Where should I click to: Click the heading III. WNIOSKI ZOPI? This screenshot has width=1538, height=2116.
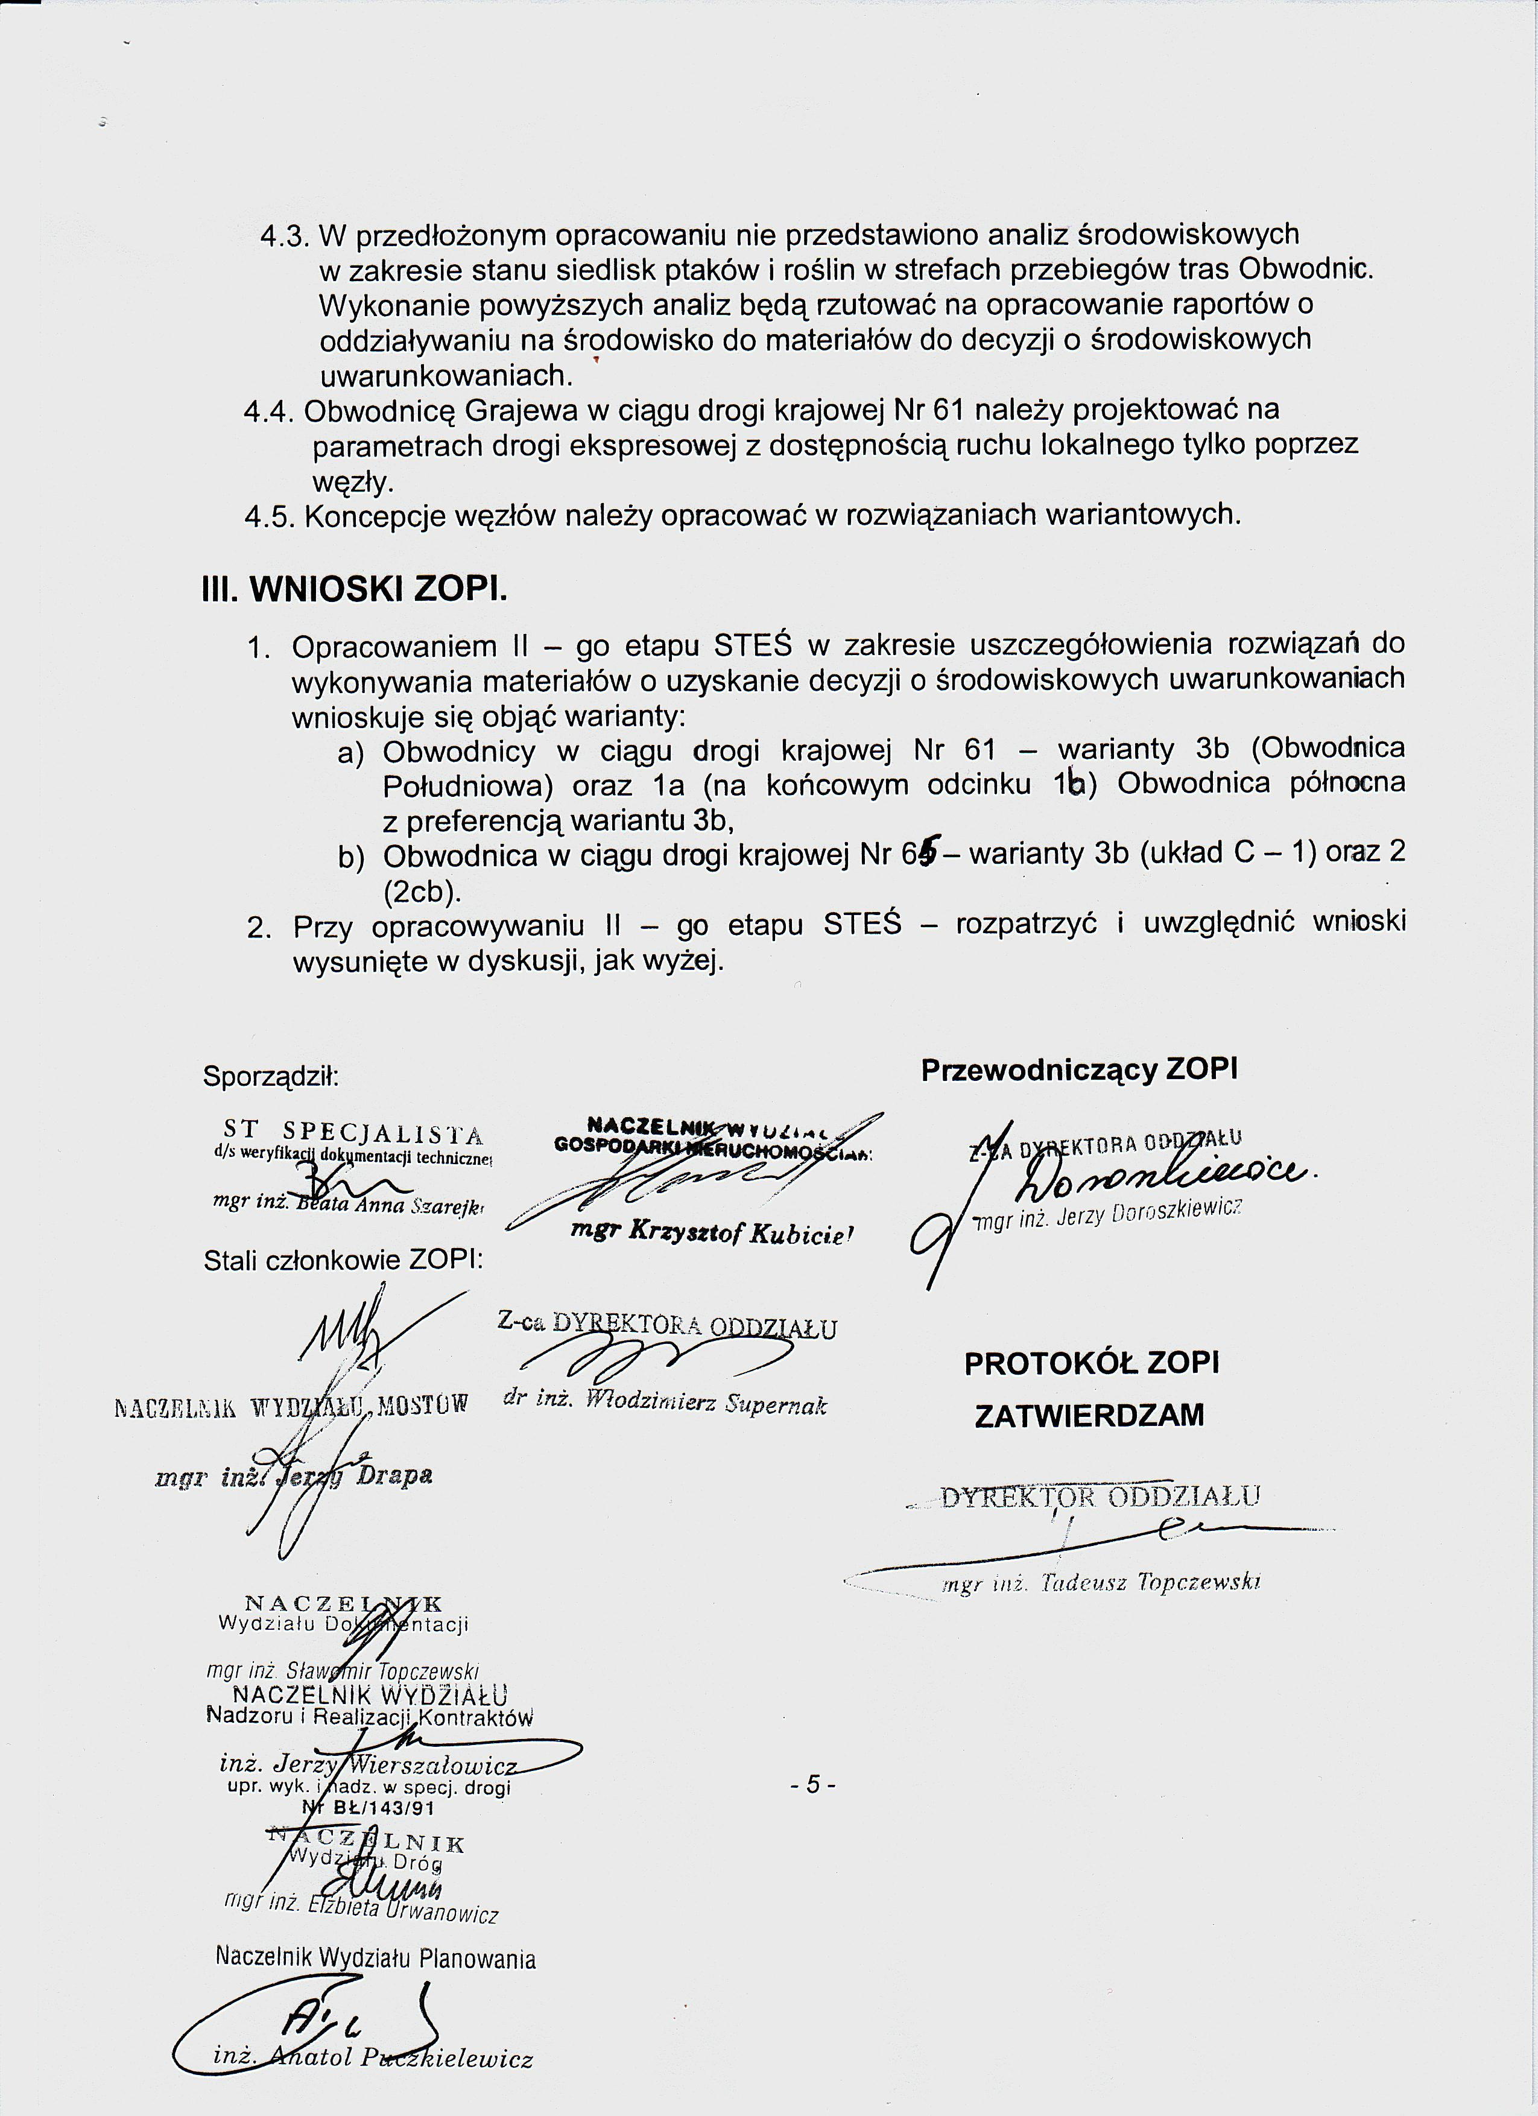coord(355,591)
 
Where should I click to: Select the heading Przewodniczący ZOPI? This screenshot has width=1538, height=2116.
coord(1079,1070)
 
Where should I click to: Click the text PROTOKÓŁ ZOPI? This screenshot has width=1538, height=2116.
coord(1091,1364)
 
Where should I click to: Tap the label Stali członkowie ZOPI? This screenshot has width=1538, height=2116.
coord(343,1261)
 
